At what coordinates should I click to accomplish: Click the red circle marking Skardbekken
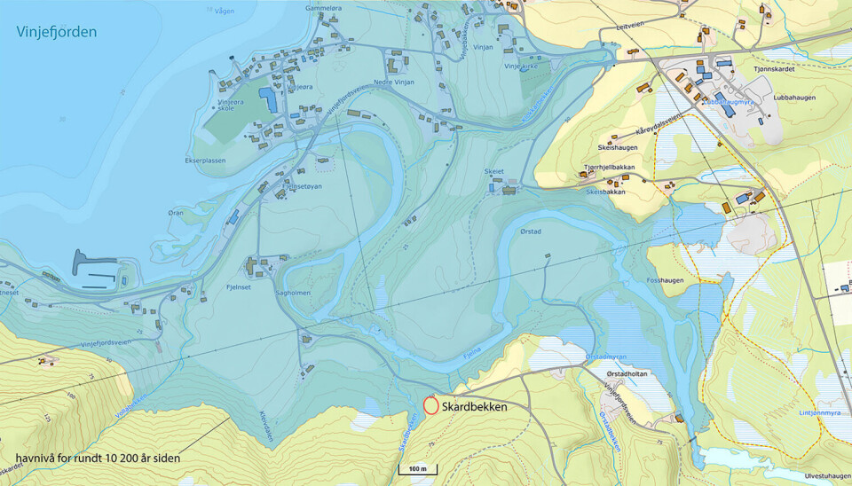pos(430,406)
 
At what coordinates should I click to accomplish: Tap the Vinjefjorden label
pos(57,33)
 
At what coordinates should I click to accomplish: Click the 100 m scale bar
pos(417,468)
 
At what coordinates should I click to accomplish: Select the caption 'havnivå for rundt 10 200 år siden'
pos(98,459)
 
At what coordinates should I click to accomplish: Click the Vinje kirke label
pos(522,66)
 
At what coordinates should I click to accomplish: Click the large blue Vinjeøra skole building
pos(266,98)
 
